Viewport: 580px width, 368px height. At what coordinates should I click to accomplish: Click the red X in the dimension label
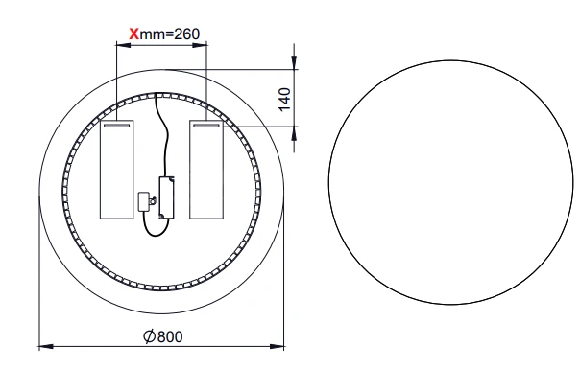[x=133, y=34]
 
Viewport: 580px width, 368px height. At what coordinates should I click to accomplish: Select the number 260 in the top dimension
[x=186, y=34]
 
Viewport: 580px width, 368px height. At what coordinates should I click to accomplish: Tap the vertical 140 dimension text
[x=284, y=100]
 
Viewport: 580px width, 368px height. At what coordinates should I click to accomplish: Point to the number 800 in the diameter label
[x=170, y=336]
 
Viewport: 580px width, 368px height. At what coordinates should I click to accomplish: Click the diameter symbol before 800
[x=149, y=336]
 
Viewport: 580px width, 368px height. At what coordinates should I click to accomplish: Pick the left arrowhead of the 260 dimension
[x=124, y=45]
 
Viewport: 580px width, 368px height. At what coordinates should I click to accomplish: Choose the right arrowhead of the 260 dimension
[x=200, y=45]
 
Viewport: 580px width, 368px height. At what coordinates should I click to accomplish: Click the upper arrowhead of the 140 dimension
[x=294, y=62]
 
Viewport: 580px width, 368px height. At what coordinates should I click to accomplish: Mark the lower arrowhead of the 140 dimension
[x=294, y=133]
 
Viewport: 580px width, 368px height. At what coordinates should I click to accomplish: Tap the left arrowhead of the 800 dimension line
[x=46, y=347]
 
